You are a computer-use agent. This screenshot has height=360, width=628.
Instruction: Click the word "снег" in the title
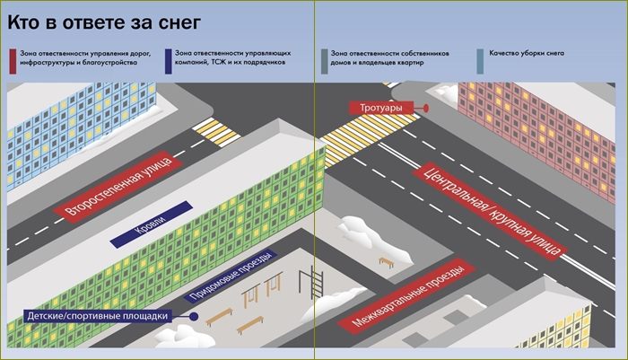pos(179,17)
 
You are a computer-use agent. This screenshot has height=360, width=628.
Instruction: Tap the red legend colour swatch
pos(12,60)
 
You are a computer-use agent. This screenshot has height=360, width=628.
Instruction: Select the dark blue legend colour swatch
pos(169,60)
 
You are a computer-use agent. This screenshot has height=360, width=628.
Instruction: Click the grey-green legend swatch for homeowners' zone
pos(323,60)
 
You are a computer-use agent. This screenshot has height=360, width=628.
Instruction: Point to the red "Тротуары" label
pos(381,109)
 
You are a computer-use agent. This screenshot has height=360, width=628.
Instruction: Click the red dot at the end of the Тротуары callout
pos(426,109)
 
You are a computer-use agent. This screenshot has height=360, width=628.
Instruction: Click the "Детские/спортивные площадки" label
pos(96,316)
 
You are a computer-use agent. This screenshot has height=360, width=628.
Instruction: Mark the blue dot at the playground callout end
pos(194,316)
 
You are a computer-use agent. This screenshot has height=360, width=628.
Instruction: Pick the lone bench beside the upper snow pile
pos(387,262)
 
